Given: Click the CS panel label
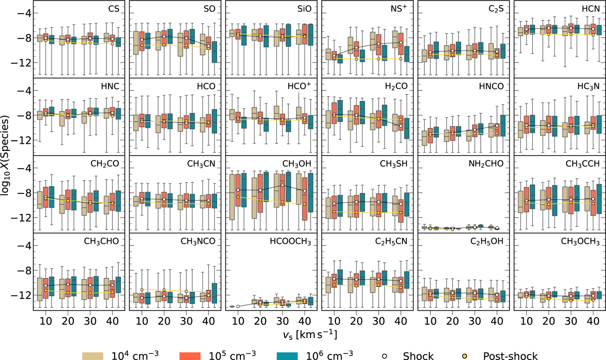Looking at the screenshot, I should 114,10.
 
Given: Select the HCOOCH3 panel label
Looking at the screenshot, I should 292,241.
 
